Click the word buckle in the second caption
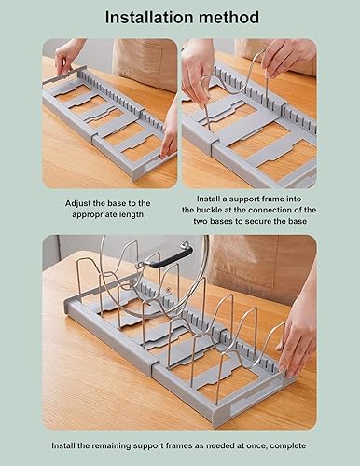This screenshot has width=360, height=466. click(209, 210)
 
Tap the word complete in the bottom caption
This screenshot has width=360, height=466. click(288, 446)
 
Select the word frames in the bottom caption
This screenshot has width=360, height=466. click(180, 446)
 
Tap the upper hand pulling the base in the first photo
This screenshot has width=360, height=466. click(68, 55)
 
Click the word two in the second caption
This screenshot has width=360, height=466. click(201, 221)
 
